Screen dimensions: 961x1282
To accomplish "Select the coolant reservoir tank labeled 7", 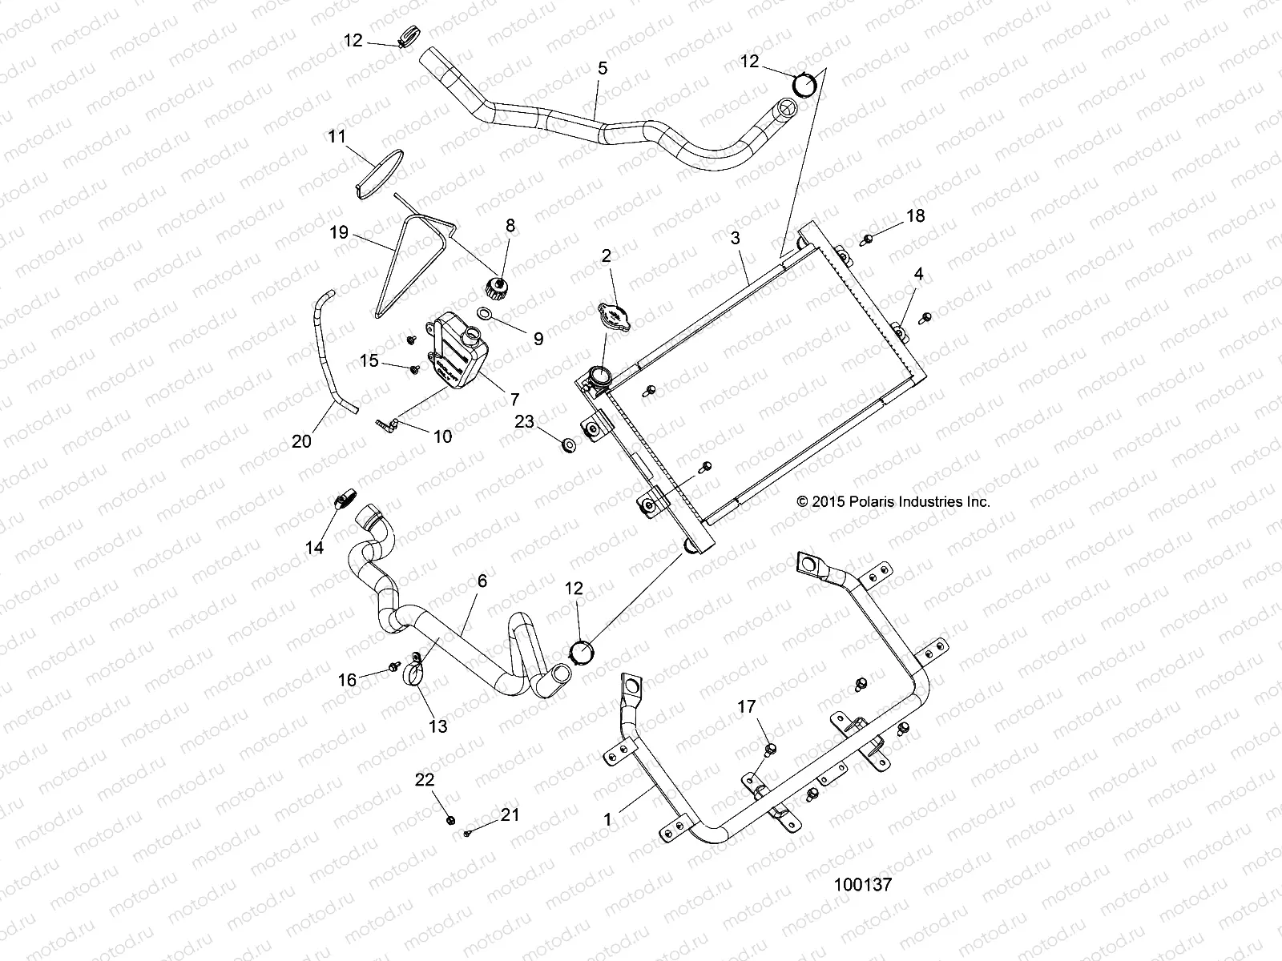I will [458, 352].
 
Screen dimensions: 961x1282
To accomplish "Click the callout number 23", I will [524, 421].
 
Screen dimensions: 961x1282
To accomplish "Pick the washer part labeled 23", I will [568, 444].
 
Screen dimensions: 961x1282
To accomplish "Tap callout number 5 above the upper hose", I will [603, 68].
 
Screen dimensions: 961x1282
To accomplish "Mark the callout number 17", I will [746, 706].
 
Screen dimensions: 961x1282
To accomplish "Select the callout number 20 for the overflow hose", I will [301, 440].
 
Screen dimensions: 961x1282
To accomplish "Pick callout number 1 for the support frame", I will [608, 819].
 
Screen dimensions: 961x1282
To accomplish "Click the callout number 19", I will [339, 233].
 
